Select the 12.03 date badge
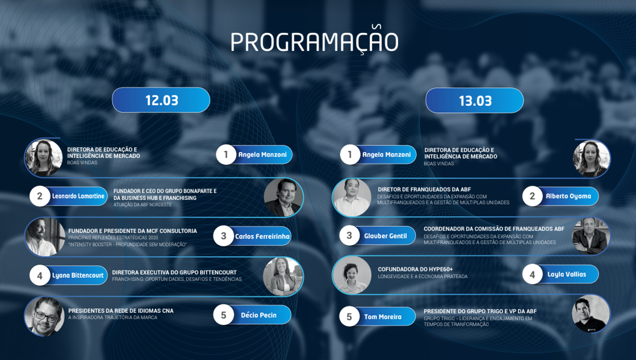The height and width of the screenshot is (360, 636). (x=161, y=100)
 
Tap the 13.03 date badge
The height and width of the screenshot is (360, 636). (x=475, y=100)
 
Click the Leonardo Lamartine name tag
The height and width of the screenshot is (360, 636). (x=78, y=196)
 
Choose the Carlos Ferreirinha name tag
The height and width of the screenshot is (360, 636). (x=262, y=236)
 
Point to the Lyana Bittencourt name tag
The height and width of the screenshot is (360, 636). (x=78, y=275)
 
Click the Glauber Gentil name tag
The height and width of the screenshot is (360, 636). (x=386, y=236)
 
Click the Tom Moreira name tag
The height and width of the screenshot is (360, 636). (x=383, y=317)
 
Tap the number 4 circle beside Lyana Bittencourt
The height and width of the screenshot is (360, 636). (x=40, y=275)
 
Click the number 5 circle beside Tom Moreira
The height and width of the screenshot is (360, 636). (x=349, y=317)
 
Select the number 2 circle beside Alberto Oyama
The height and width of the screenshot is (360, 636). (x=532, y=196)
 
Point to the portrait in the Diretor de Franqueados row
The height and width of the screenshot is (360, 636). (x=352, y=198)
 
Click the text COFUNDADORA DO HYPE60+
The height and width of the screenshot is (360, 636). (x=415, y=269)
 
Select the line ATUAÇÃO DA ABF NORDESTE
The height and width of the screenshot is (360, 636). (x=143, y=205)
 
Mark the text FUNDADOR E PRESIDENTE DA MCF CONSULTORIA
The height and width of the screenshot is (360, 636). (x=133, y=231)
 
